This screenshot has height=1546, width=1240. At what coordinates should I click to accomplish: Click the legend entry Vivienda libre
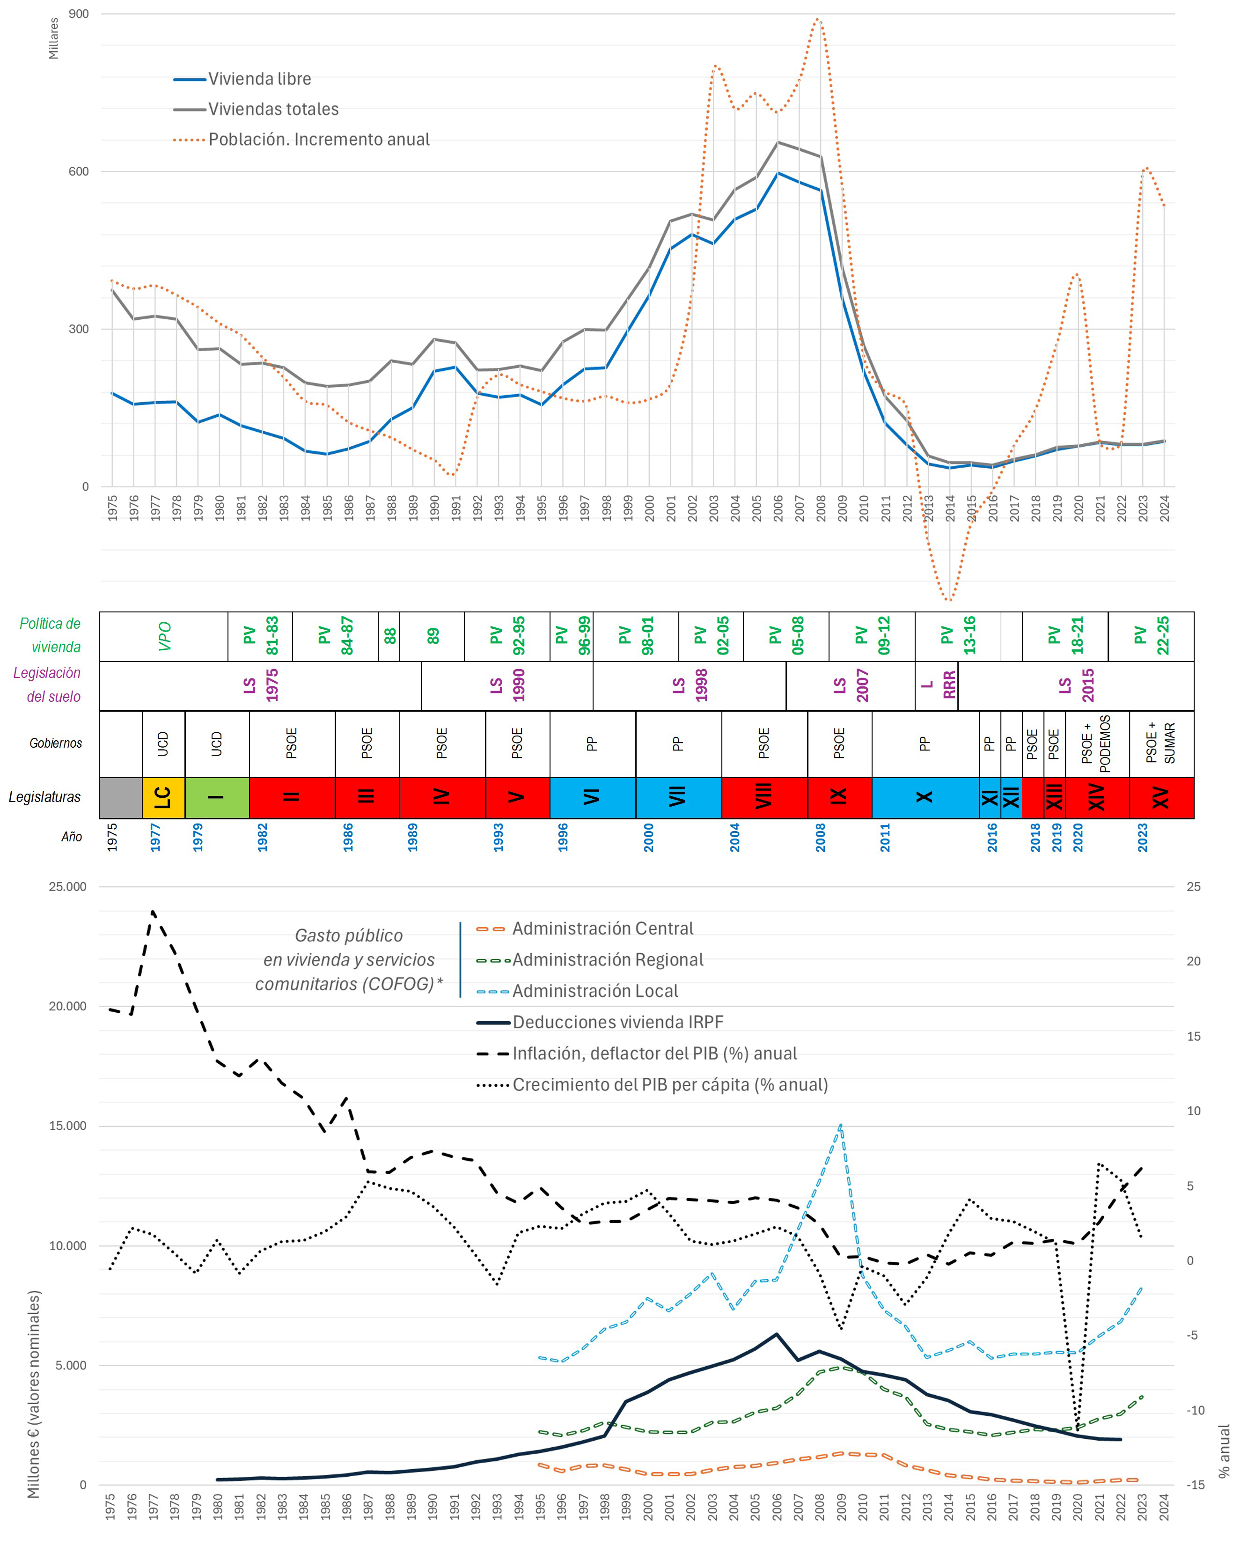click(259, 79)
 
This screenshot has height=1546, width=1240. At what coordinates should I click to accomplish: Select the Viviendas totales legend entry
click(272, 109)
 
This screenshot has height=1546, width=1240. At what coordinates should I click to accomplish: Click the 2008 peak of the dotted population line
click(819, 19)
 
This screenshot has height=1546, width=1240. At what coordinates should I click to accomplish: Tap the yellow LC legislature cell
click(163, 797)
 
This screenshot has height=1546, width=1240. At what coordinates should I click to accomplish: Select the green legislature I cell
click(216, 797)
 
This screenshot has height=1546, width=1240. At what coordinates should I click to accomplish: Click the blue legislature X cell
click(924, 797)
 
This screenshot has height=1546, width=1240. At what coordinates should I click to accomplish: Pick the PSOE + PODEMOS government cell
click(1097, 744)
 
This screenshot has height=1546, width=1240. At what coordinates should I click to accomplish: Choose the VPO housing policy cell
click(163, 636)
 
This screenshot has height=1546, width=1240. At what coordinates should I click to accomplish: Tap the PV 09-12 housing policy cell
click(872, 636)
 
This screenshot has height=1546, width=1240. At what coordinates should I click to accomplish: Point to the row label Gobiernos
click(55, 744)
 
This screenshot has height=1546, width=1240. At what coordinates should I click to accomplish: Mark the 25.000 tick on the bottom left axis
click(67, 887)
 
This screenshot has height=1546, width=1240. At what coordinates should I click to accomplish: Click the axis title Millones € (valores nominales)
click(34, 1395)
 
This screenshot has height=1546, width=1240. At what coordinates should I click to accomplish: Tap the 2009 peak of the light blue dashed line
click(840, 1125)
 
